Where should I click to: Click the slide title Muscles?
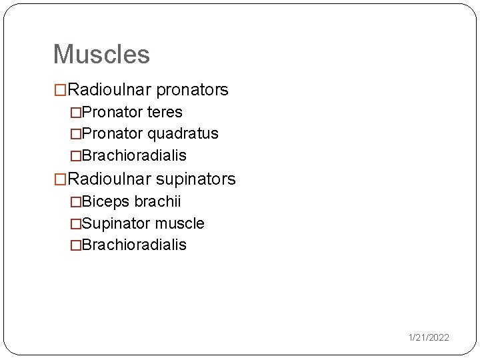[x=101, y=54]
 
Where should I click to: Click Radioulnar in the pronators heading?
[x=110, y=89]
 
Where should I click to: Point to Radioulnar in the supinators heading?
[x=110, y=179]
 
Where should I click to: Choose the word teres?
[x=165, y=112]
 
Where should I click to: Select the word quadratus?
[x=183, y=133]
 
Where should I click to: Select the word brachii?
[x=157, y=201]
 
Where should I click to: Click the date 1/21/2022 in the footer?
[x=429, y=338]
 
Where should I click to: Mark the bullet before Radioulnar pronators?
[x=60, y=90]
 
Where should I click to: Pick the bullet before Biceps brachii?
[x=76, y=202]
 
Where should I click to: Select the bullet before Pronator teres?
[x=76, y=113]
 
